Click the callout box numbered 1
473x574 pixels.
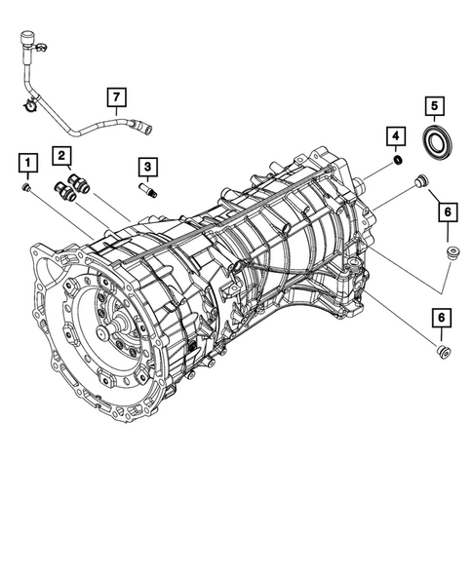[29, 160]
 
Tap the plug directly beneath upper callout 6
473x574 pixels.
[452, 255]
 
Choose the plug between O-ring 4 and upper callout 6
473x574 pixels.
[422, 179]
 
